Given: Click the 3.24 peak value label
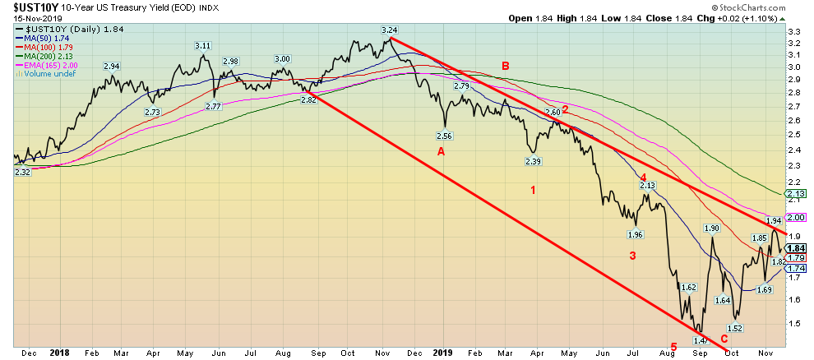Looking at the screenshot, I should [x=390, y=30].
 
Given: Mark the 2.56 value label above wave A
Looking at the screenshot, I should [x=445, y=136].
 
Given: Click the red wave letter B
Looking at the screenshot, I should [x=506, y=65].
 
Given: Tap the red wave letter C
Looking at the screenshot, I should [x=724, y=339].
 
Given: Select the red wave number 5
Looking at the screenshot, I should [x=673, y=348].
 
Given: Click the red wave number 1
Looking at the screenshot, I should [x=533, y=191].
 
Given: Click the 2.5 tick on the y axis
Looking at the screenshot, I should [x=794, y=136].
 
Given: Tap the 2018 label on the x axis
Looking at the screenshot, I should [x=60, y=353].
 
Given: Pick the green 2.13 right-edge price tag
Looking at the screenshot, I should [x=796, y=194].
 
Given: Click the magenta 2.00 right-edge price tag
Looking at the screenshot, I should [x=796, y=217].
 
